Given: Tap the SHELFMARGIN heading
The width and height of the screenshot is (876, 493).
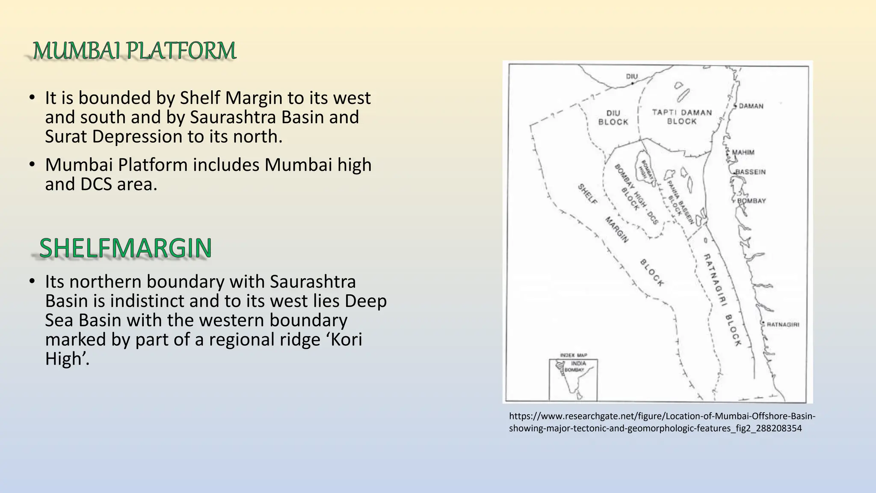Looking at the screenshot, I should point(125,248).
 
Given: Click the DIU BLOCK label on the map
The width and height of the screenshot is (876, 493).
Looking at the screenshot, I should point(613,118).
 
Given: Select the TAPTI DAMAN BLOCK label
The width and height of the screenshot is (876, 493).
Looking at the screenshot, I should point(682,117).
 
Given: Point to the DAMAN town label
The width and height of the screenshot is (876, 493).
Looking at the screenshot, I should point(751,106).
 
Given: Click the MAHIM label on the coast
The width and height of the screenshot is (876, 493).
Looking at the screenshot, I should point(743,152).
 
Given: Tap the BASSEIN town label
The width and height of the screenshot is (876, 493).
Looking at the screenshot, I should point(751,172).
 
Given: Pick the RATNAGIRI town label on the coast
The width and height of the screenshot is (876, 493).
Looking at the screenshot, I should point(783,324).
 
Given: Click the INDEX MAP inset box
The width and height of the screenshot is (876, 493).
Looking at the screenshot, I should point(573,379).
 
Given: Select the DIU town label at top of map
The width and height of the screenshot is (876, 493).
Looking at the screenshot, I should point(632,77).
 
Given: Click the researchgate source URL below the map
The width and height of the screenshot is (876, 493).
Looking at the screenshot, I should point(662,422).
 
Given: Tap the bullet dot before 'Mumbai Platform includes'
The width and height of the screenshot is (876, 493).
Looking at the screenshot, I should point(32,165).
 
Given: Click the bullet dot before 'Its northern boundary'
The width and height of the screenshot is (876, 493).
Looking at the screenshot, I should point(32,282).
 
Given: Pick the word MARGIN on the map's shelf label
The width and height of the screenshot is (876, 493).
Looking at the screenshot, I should point(616,230).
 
